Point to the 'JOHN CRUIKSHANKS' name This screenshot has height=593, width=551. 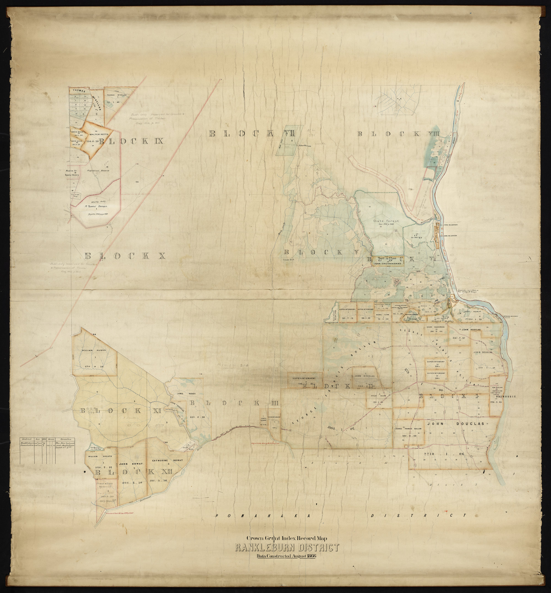[x=387, y=264]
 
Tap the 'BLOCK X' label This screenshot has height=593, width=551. [x=125, y=256]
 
